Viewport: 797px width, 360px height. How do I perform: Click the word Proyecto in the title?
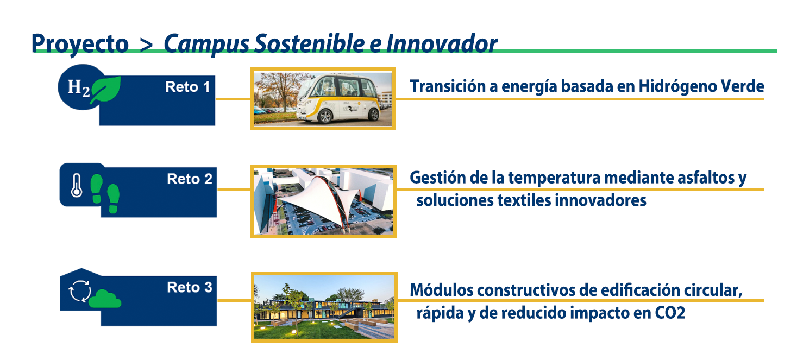pyautogui.click(x=80, y=44)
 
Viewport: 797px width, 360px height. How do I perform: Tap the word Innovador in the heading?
pyautogui.click(x=442, y=43)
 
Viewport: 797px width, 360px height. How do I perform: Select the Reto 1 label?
pyautogui.click(x=187, y=87)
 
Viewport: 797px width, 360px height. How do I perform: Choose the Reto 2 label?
pyautogui.click(x=189, y=179)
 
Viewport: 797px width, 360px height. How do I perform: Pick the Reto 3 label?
pyautogui.click(x=189, y=287)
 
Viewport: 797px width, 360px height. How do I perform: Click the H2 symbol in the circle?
pyautogui.click(x=79, y=88)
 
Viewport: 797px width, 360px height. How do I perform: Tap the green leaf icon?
pyautogui.click(x=105, y=90)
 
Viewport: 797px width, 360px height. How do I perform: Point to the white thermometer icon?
pyautogui.click(x=77, y=185)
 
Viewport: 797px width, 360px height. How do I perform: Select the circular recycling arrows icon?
pyautogui.click(x=80, y=292)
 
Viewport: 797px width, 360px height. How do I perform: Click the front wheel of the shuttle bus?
pyautogui.click(x=325, y=116)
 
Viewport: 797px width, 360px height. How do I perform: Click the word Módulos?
pyautogui.click(x=442, y=290)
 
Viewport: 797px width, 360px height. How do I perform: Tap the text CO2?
pyautogui.click(x=670, y=313)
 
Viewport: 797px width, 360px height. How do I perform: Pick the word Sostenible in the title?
pyautogui.click(x=310, y=43)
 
